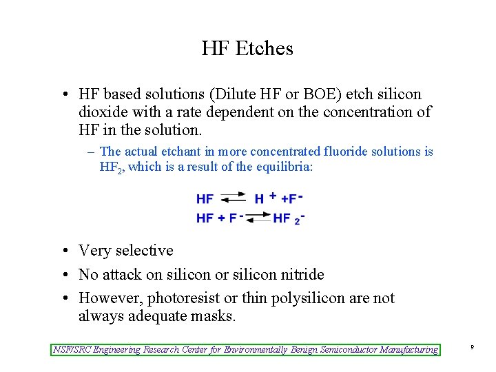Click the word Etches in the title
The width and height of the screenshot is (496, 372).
coord(265,49)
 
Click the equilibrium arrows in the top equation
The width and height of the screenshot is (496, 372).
coord(232,198)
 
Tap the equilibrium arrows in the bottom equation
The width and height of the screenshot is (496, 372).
coord(258,218)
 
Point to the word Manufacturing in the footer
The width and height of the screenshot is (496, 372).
coord(408,350)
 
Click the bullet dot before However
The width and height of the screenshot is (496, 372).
coord(63,299)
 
